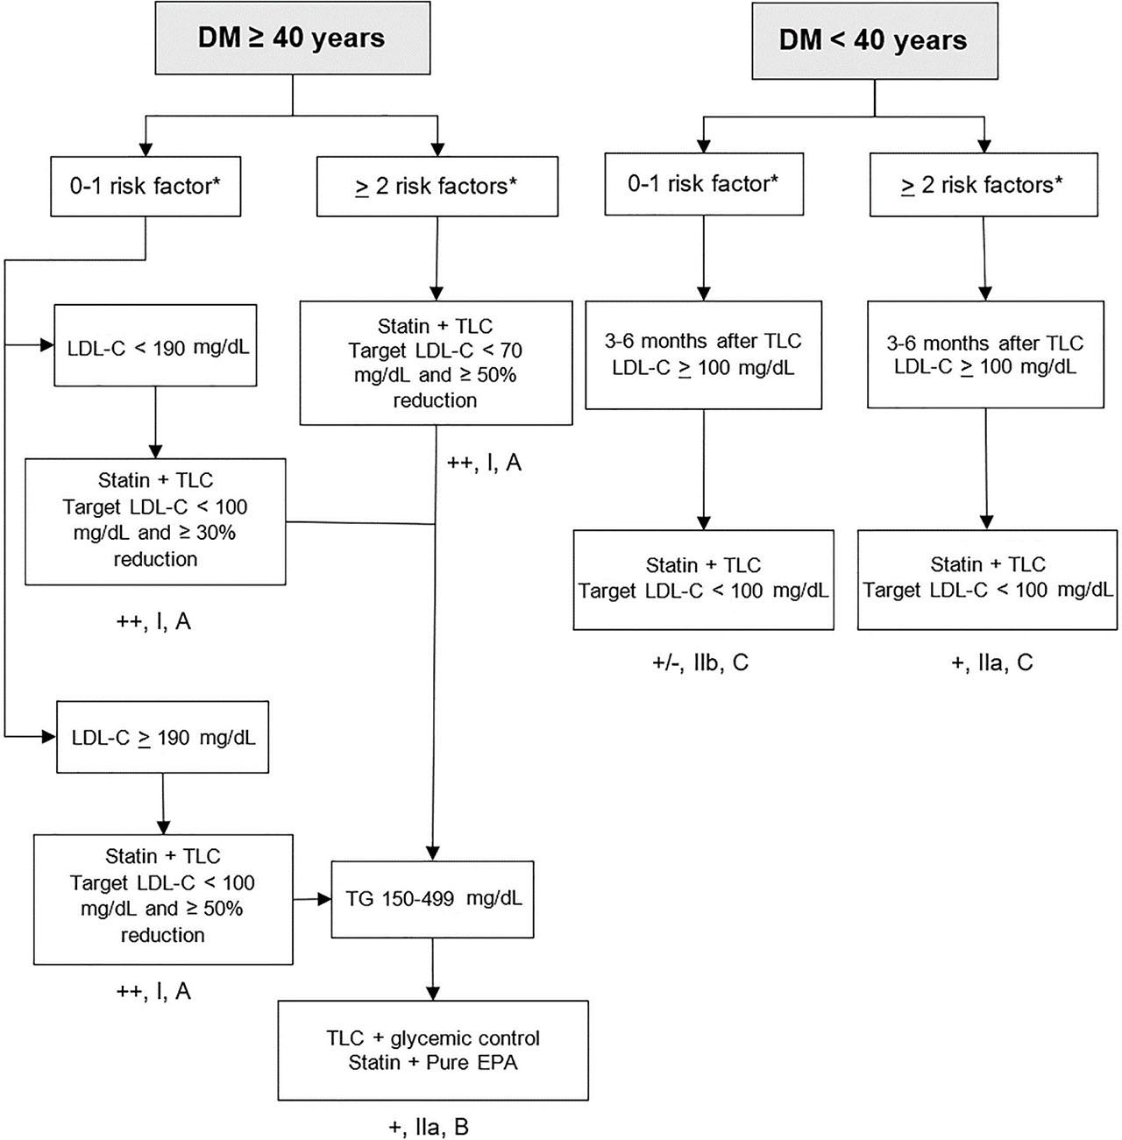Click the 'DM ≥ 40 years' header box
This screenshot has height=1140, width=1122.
click(x=293, y=38)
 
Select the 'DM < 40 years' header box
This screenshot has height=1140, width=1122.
click(x=875, y=41)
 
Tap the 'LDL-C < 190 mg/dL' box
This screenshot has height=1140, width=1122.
click(x=156, y=345)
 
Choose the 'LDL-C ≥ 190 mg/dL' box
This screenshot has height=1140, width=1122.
click(x=163, y=737)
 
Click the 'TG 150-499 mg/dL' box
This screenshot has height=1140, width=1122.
click(x=432, y=899)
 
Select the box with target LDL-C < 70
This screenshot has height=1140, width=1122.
click(x=437, y=364)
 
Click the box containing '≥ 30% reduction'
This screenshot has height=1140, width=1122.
click(x=155, y=521)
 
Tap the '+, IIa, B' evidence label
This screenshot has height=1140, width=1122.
click(x=429, y=1127)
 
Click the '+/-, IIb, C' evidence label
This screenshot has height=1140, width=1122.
click(x=700, y=662)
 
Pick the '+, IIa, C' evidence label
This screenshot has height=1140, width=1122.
click(x=991, y=662)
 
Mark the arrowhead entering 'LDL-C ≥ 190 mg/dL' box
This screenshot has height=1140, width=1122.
click(x=48, y=737)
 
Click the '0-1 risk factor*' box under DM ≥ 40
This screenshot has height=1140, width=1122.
click(x=146, y=187)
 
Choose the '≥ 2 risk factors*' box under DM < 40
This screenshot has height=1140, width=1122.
click(x=984, y=185)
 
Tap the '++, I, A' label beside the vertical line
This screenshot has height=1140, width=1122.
click(x=485, y=463)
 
